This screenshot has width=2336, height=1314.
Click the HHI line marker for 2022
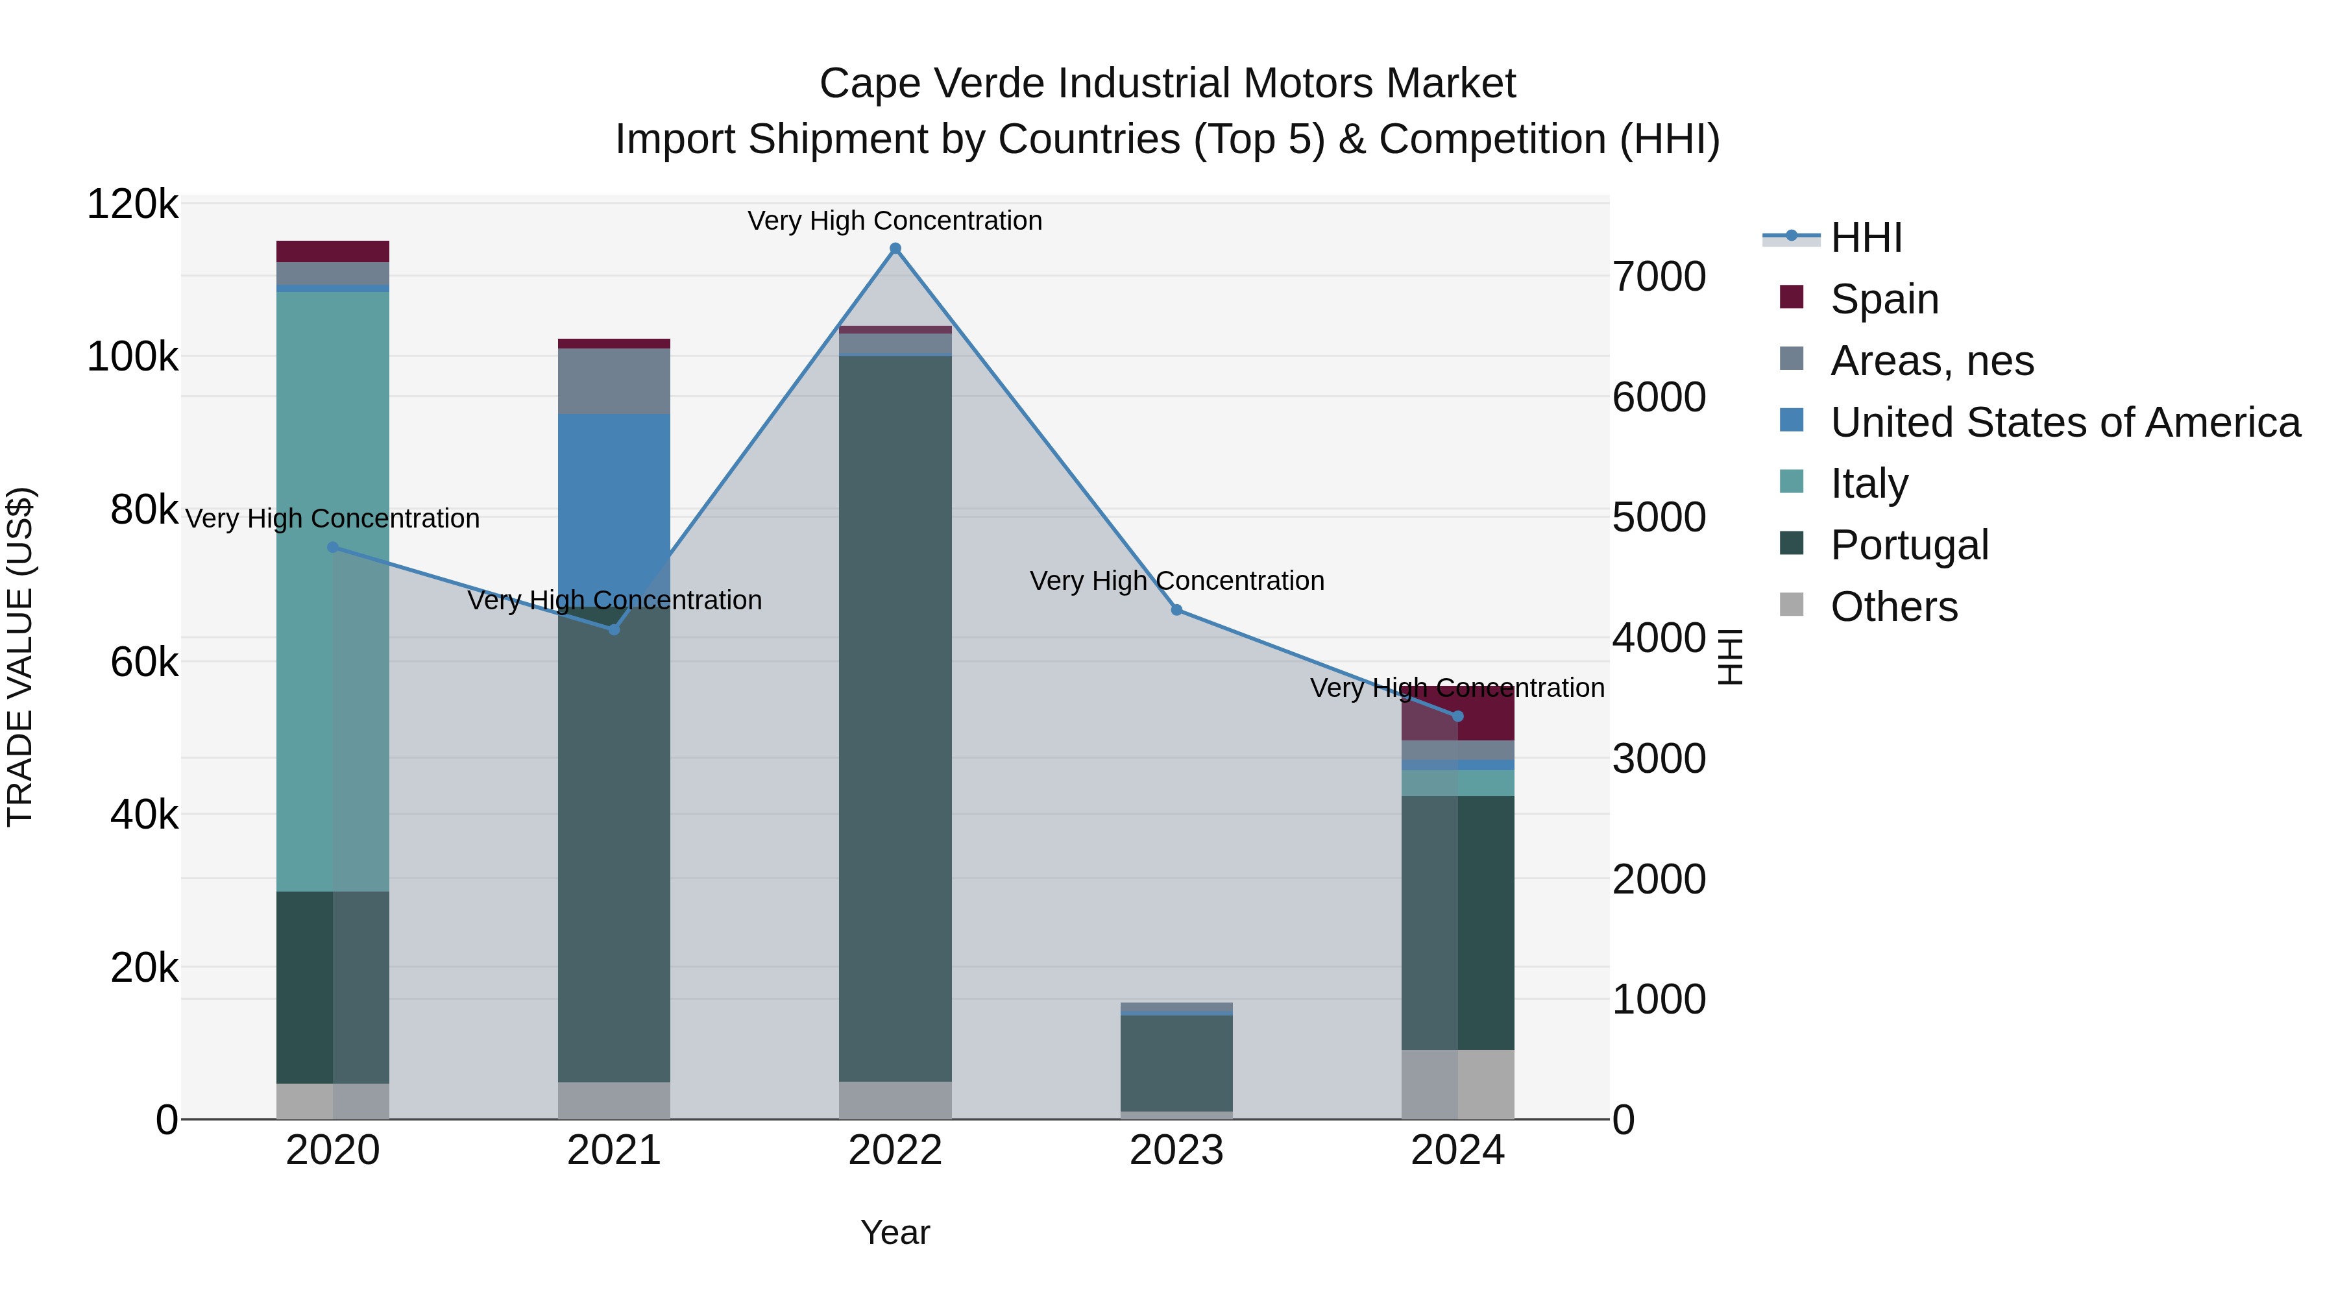[x=895, y=249]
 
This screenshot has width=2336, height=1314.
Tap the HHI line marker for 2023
[x=1176, y=611]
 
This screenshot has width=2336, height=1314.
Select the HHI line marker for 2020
[x=333, y=548]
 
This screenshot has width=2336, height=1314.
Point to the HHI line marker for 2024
[x=1457, y=716]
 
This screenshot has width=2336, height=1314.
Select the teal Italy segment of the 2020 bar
[x=333, y=589]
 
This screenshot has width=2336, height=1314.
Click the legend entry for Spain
[x=1884, y=298]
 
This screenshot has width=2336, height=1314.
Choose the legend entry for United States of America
[x=2064, y=422]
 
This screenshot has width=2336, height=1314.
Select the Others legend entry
[x=1893, y=607]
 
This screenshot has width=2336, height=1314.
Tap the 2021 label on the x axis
[x=614, y=1150]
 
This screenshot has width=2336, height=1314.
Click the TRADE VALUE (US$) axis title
[x=20, y=657]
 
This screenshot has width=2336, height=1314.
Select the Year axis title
[x=895, y=1232]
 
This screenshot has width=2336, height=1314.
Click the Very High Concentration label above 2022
[x=895, y=221]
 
